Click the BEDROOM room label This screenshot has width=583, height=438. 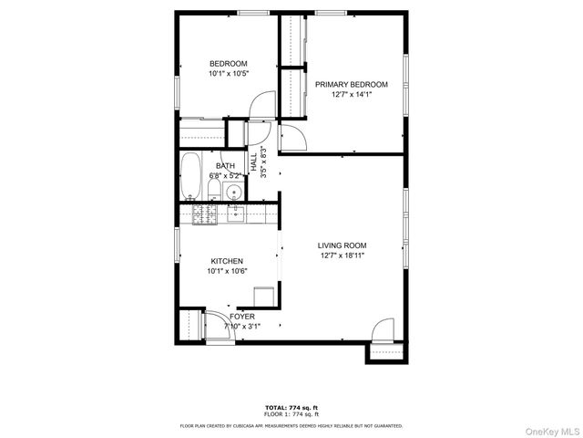(x=229, y=63)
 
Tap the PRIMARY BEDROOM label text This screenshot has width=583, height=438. (x=352, y=84)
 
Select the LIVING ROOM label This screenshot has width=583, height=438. (x=342, y=245)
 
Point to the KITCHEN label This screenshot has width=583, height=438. (x=227, y=261)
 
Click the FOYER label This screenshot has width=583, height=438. (x=242, y=316)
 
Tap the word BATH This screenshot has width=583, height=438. (x=225, y=165)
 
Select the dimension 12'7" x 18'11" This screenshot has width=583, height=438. (x=343, y=255)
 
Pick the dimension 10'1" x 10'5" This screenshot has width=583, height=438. (x=229, y=73)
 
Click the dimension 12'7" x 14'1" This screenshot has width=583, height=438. (x=352, y=94)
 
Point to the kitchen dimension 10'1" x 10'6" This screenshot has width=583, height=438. (x=227, y=271)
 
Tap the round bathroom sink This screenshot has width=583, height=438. (x=234, y=192)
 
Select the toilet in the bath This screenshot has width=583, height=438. (x=212, y=190)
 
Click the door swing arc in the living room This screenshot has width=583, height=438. (x=383, y=328)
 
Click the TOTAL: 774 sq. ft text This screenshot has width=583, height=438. (x=291, y=407)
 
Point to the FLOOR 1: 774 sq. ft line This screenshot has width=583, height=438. (x=291, y=414)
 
